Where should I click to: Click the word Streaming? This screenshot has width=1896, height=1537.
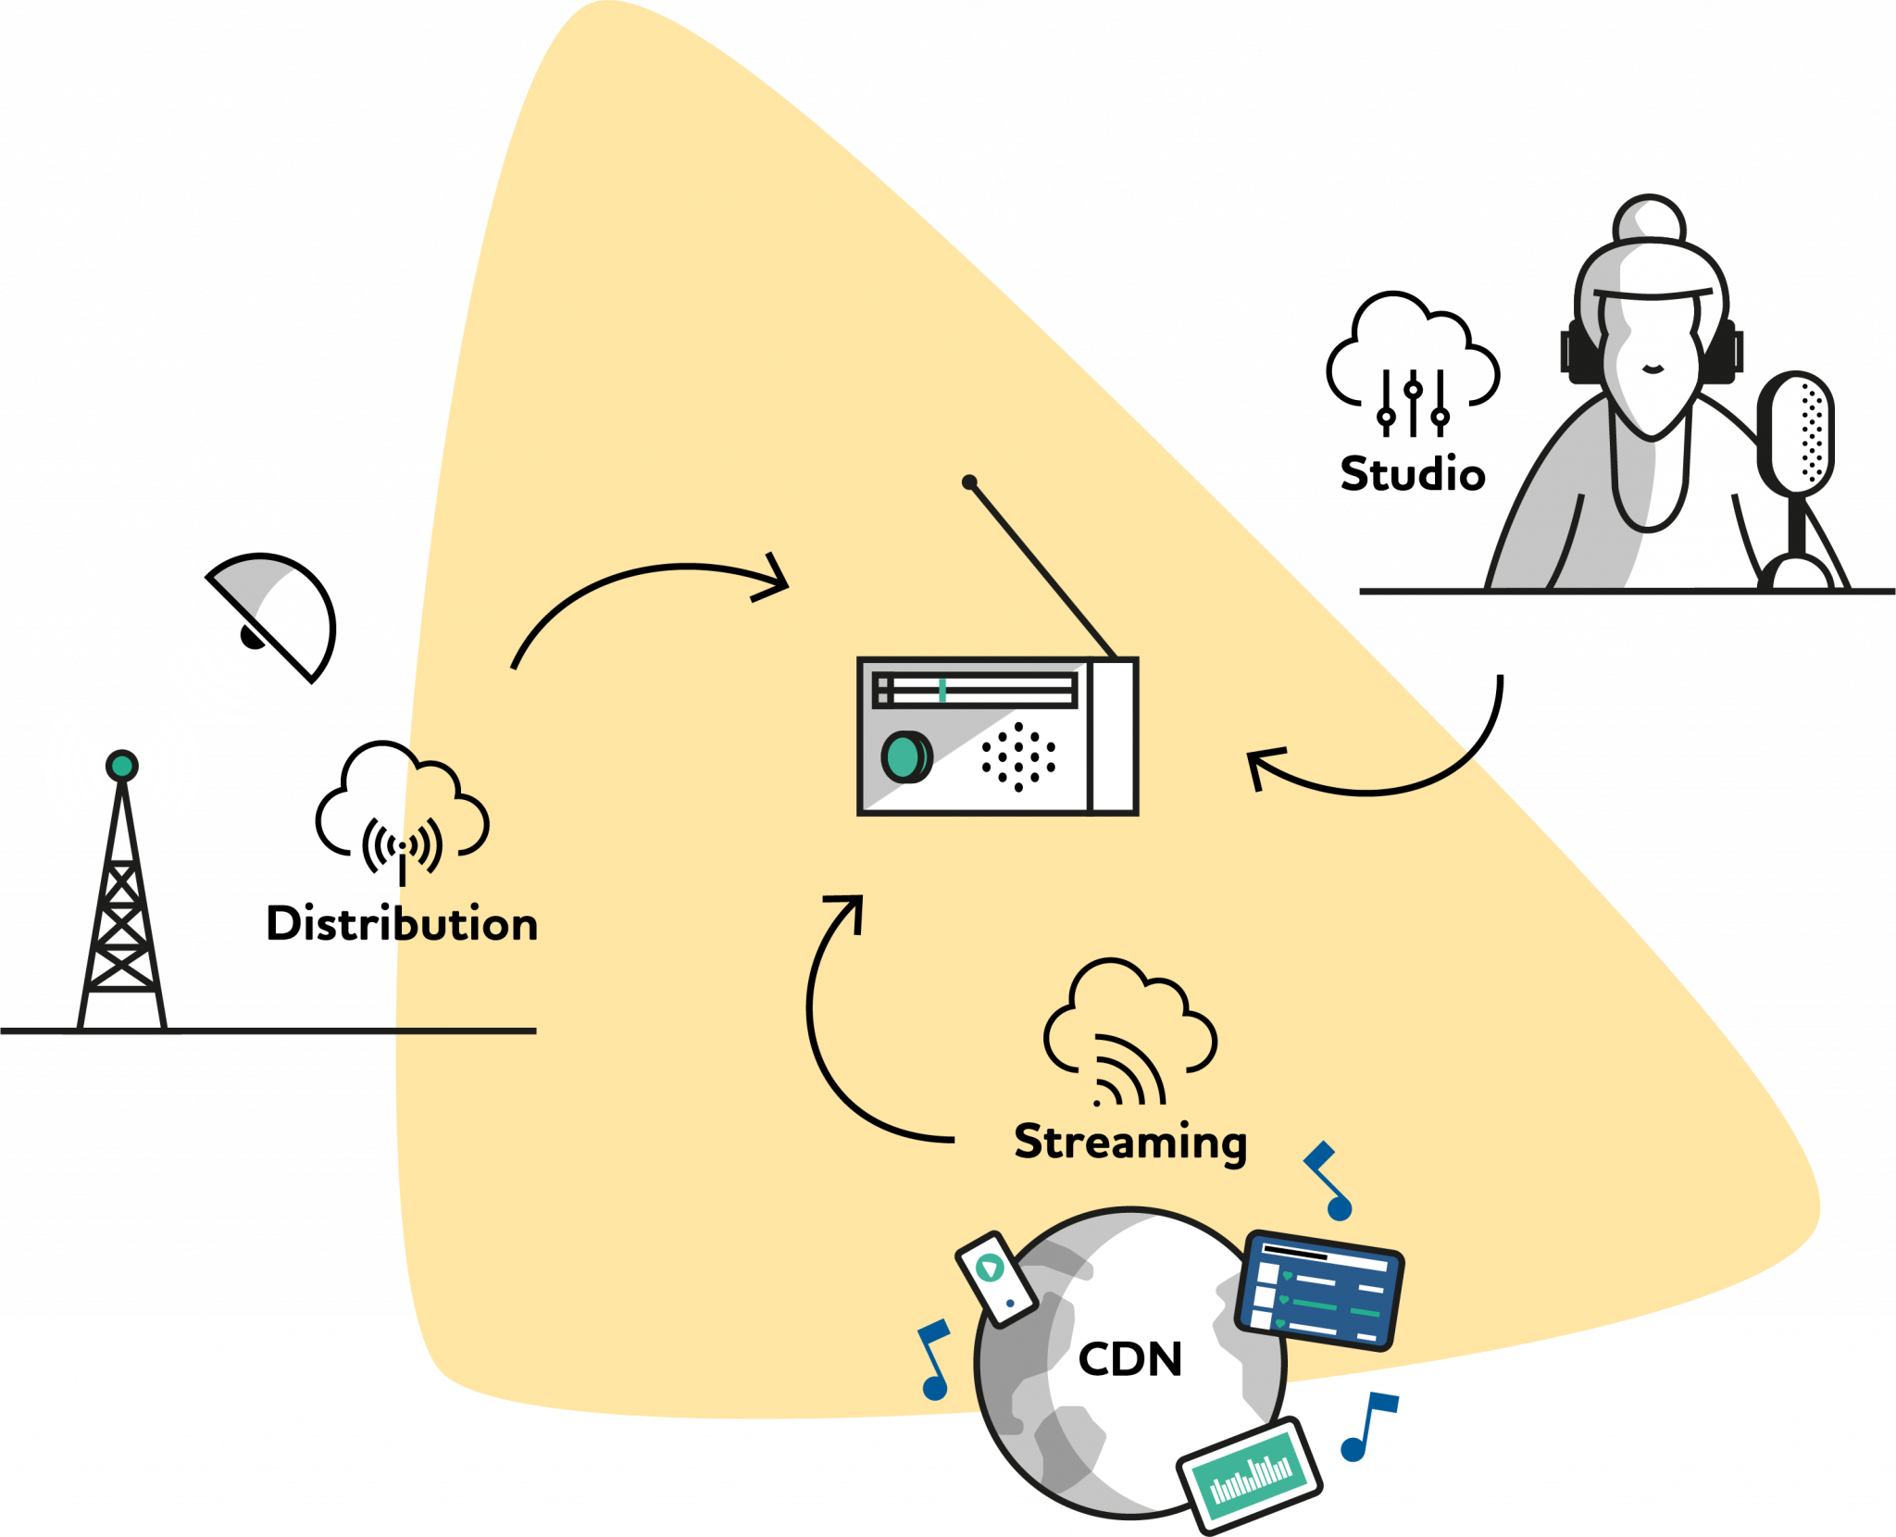[x=1130, y=1142]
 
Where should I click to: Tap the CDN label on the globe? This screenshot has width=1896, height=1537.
[x=1130, y=1359]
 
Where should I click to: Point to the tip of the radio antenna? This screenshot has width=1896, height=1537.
[x=969, y=481]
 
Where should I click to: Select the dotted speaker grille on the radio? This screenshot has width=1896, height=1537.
[x=1018, y=756]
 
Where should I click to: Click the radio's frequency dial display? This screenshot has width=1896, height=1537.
[x=975, y=690]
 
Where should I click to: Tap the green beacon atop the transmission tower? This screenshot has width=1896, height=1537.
[x=121, y=765]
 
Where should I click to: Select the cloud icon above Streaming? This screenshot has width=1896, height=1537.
[x=1129, y=1028]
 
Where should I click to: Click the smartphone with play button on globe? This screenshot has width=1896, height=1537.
[x=996, y=1279]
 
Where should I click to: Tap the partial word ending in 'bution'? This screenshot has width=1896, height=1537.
[x=467, y=925]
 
